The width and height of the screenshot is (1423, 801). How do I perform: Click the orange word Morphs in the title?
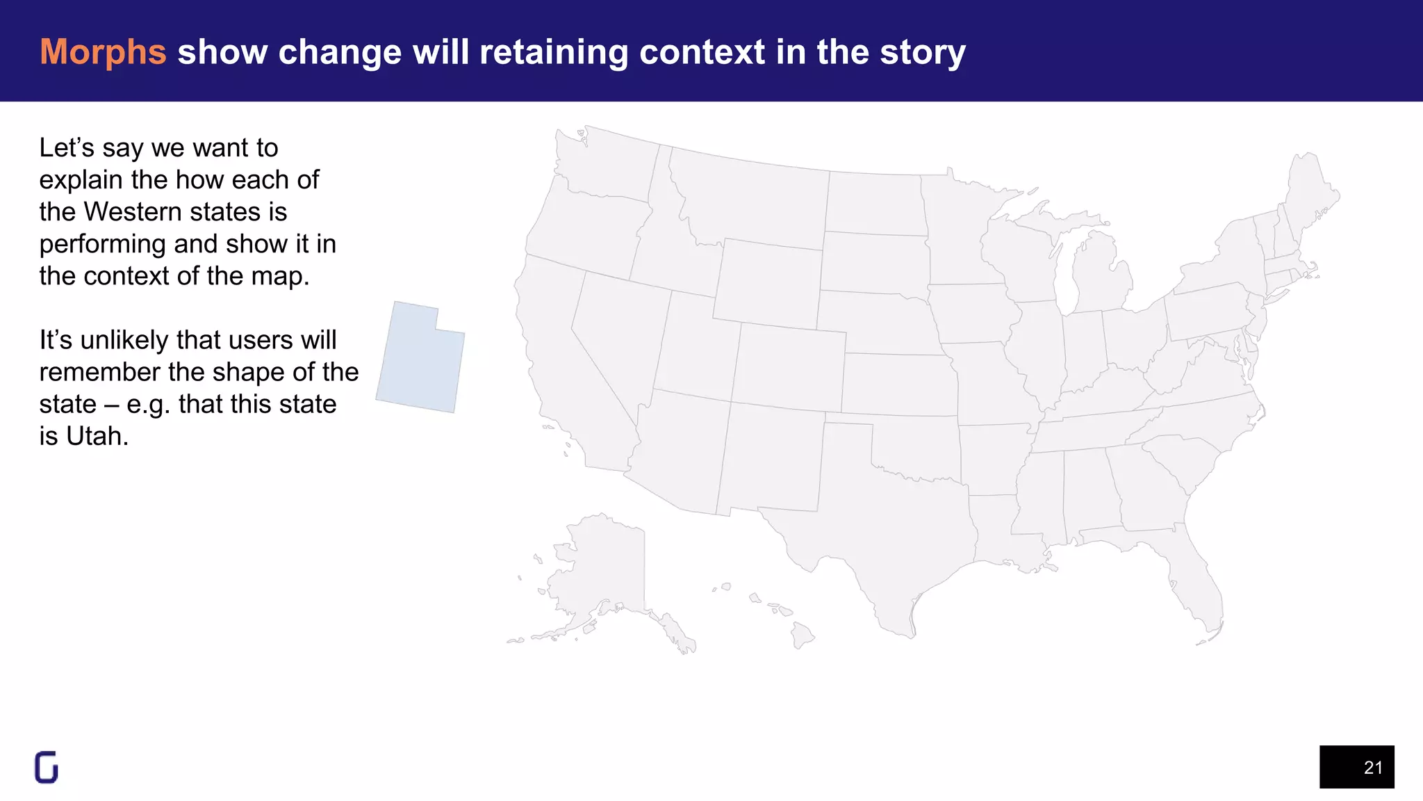pyautogui.click(x=103, y=52)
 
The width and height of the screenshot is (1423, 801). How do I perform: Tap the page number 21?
pyautogui.click(x=1372, y=768)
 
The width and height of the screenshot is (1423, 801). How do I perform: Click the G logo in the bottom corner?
pyautogui.click(x=47, y=768)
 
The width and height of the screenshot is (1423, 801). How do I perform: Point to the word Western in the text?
pyautogui.click(x=142, y=212)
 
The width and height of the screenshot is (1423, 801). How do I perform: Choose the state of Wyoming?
pyautogui.click(x=768, y=282)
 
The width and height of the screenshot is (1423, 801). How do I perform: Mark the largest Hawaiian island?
pyautogui.click(x=802, y=634)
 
